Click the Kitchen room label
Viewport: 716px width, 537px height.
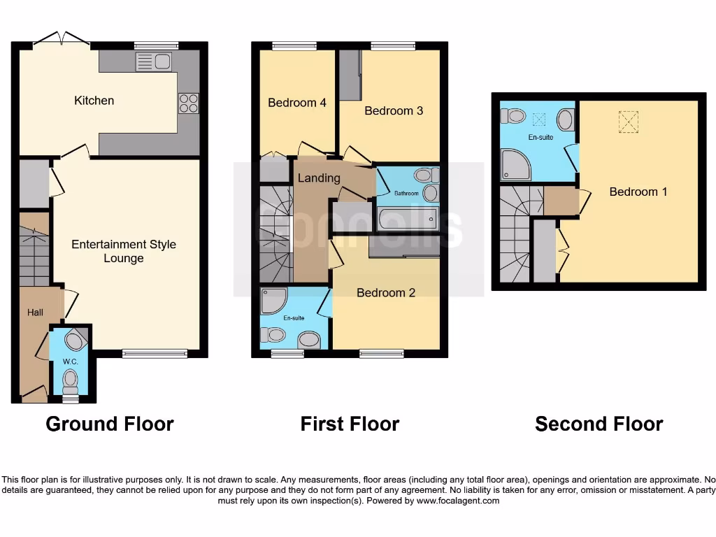(94, 101)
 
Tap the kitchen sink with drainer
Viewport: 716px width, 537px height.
(154, 62)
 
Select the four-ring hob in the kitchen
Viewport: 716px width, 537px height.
(188, 103)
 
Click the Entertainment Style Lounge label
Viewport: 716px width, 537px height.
(124, 251)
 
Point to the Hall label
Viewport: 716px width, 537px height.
(35, 313)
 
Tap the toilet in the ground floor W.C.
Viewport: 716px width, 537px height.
(70, 381)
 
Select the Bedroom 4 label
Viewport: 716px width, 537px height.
(297, 103)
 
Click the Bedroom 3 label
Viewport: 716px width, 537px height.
(394, 110)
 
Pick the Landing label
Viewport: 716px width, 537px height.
(319, 178)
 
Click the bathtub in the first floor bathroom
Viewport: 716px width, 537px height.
(407, 219)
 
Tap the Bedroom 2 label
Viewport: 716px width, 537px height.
(386, 292)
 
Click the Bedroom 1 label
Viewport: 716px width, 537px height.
(633, 192)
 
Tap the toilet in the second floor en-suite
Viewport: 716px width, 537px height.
(514, 115)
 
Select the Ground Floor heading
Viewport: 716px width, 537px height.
(110, 424)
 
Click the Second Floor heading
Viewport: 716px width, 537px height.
(599, 424)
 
